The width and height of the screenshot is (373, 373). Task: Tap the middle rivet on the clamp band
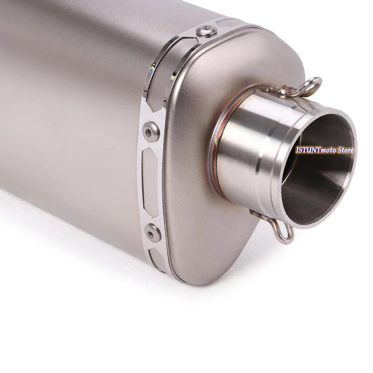point(151,132)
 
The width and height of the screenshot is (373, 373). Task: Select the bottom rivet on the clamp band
point(153,233)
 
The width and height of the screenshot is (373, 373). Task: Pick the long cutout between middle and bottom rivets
point(150,182)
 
